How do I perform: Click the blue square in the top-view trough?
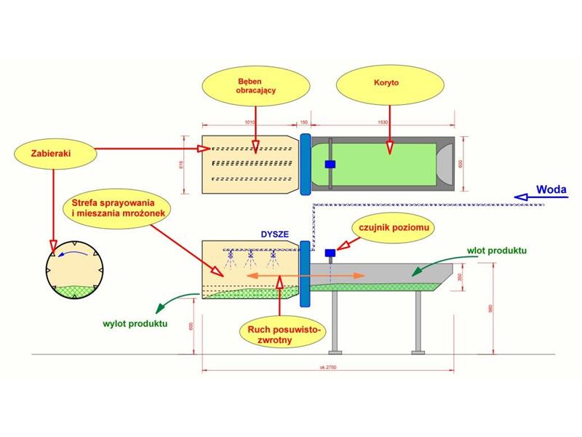pyautogui.click(x=330, y=164)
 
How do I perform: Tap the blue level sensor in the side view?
pyautogui.click(x=330, y=253)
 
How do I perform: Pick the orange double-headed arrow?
pyautogui.click(x=305, y=277)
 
